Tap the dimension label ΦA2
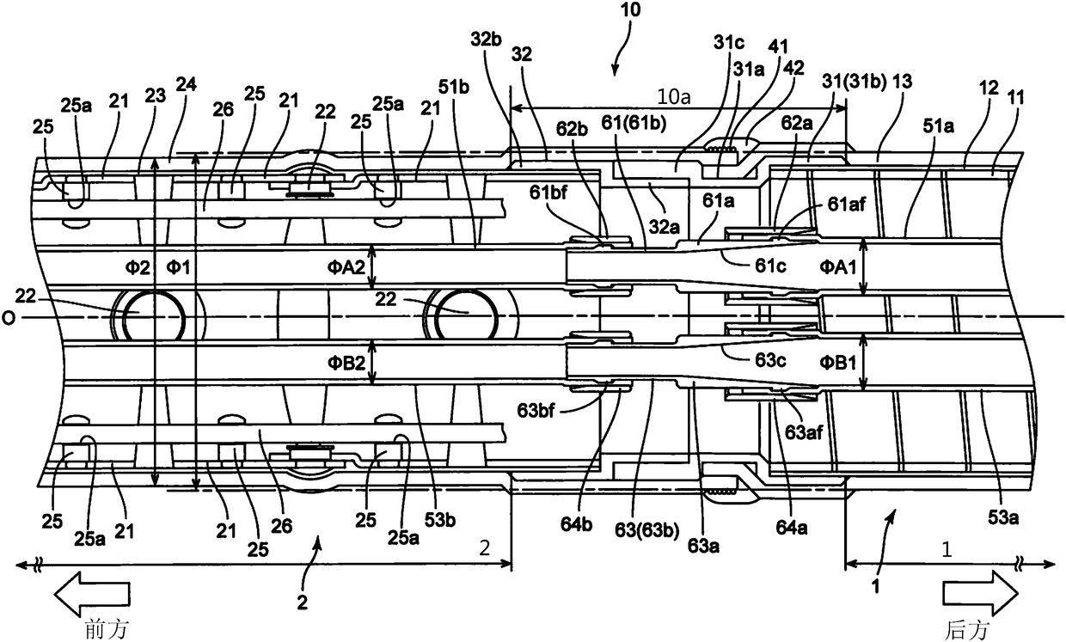346,267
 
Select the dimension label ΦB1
837,364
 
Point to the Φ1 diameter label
178,268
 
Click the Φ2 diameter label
138,268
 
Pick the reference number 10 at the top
630,10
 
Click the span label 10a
673,97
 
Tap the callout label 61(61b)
634,124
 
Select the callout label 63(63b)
646,530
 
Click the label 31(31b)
854,83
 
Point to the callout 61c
770,266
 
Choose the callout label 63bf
536,410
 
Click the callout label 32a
665,228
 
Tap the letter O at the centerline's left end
8,318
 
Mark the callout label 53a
1002,517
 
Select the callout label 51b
454,88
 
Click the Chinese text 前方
107,629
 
